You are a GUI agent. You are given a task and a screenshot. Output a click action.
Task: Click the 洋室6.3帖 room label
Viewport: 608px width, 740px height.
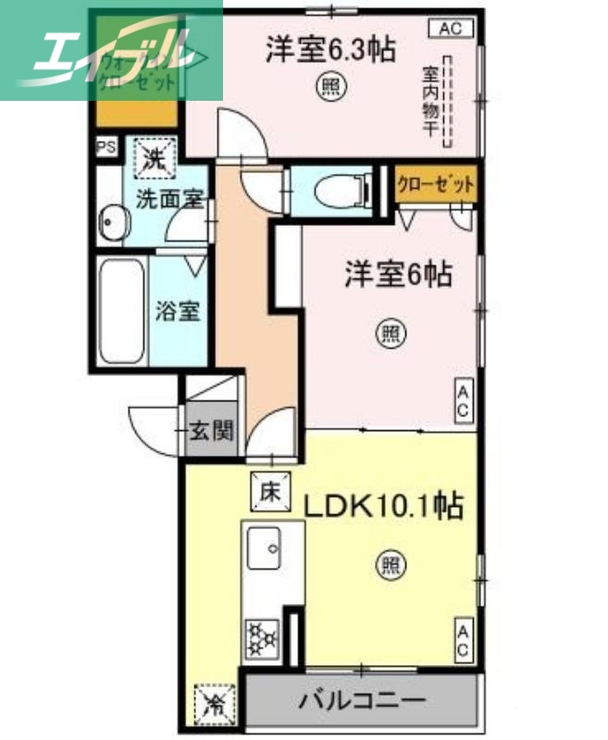click(x=331, y=49)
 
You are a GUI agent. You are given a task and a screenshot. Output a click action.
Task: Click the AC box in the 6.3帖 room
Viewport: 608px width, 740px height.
click(x=450, y=30)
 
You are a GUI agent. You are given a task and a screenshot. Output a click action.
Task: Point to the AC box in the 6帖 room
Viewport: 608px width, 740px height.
click(x=463, y=399)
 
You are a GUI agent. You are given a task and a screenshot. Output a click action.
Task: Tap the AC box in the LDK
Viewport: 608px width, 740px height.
click(x=463, y=641)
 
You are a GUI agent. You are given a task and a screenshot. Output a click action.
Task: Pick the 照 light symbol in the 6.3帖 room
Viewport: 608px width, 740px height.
click(x=331, y=88)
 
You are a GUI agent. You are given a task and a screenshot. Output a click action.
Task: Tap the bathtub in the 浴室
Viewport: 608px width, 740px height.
click(x=121, y=313)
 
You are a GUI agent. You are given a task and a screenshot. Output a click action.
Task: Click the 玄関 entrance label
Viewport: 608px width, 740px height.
click(x=212, y=430)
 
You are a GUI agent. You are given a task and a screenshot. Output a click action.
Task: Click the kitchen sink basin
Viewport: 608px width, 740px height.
click(x=267, y=548)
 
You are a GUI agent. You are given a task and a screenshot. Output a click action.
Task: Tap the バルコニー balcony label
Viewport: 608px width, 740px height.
click(x=361, y=700)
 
